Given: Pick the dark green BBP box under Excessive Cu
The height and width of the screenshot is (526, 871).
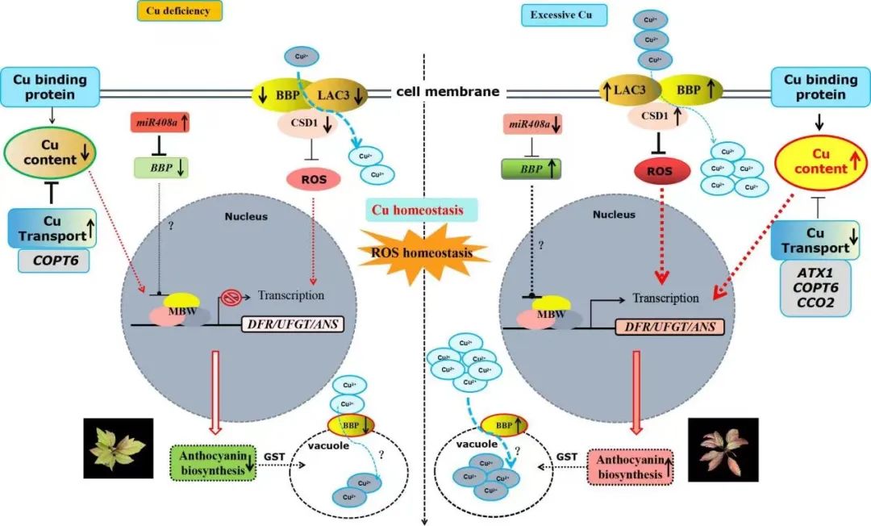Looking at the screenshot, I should coord(531,170).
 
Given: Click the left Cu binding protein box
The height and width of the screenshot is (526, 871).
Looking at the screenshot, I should coord(55,86).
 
